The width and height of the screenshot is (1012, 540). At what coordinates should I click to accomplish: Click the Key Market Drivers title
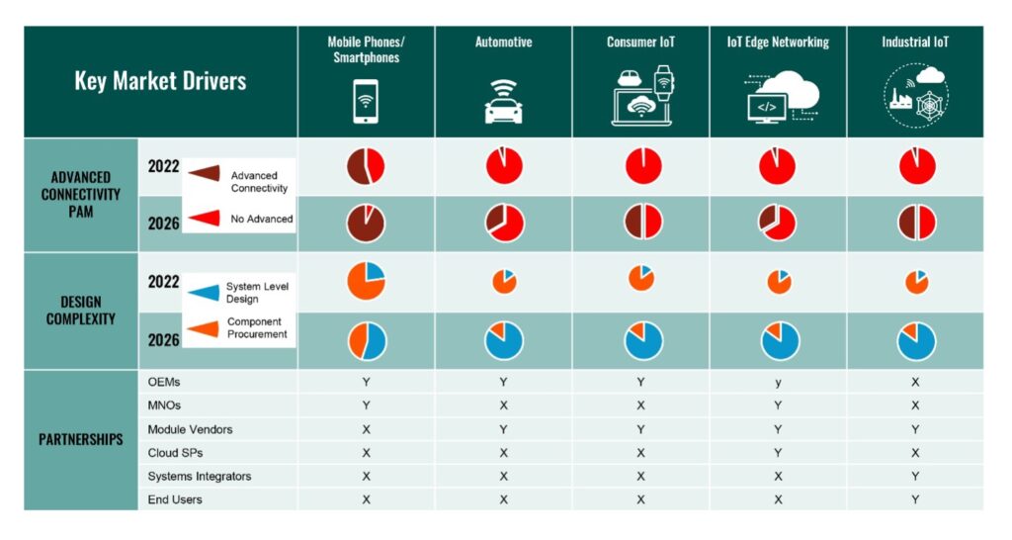pyautogui.click(x=160, y=81)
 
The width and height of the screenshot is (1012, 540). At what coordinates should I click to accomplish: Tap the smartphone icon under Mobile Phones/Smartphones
pyautogui.click(x=366, y=100)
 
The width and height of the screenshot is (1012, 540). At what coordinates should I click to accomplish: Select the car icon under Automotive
pyautogui.click(x=503, y=103)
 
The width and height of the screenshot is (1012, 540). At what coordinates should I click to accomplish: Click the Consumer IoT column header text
pyautogui.click(x=640, y=43)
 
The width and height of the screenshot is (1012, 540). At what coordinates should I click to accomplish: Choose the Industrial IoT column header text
pyautogui.click(x=914, y=43)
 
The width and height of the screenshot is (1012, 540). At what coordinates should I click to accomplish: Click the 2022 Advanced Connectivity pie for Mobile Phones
pyautogui.click(x=366, y=166)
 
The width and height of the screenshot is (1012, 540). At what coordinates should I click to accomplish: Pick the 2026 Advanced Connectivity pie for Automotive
pyautogui.click(x=504, y=223)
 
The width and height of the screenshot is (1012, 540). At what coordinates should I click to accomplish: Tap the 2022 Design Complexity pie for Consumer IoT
pyautogui.click(x=641, y=279)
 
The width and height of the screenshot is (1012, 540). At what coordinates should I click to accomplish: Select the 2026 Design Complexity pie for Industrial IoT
pyautogui.click(x=916, y=340)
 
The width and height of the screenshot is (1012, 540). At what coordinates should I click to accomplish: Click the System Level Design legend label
pyautogui.click(x=256, y=292)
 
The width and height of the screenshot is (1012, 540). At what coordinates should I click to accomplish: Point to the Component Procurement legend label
pyautogui.click(x=257, y=328)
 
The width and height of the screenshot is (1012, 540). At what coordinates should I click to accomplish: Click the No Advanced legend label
pyautogui.click(x=262, y=219)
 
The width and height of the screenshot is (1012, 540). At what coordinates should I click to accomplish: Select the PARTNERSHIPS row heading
pyautogui.click(x=80, y=439)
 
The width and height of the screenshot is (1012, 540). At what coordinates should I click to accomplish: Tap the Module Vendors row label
pyautogui.click(x=190, y=429)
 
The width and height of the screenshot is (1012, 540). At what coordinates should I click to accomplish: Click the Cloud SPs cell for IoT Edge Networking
pyautogui.click(x=778, y=453)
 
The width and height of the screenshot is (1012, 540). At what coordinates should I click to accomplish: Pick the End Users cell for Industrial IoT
pyautogui.click(x=915, y=499)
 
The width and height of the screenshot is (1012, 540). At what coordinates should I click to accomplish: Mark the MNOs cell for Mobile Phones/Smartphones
pyautogui.click(x=366, y=405)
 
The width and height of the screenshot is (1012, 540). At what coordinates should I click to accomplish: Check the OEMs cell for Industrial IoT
pyautogui.click(x=915, y=382)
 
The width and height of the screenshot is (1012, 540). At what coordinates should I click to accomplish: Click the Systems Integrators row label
pyautogui.click(x=200, y=476)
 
